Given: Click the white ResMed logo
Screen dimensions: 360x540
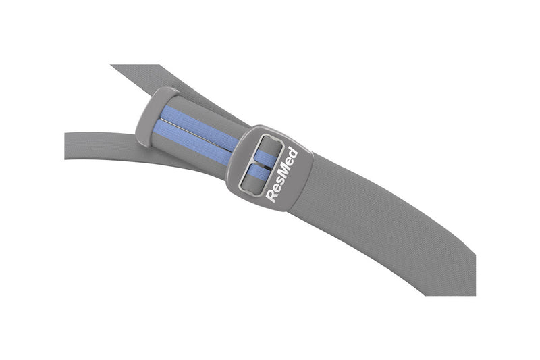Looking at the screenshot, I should pos(282,174).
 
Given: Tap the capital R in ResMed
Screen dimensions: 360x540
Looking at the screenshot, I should pos(271,195).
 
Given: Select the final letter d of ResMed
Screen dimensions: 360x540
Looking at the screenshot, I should pos(293,153).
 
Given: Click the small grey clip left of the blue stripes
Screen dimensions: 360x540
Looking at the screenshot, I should pos(149,115).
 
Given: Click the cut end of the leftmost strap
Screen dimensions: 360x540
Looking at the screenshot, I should pos(66,146).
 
